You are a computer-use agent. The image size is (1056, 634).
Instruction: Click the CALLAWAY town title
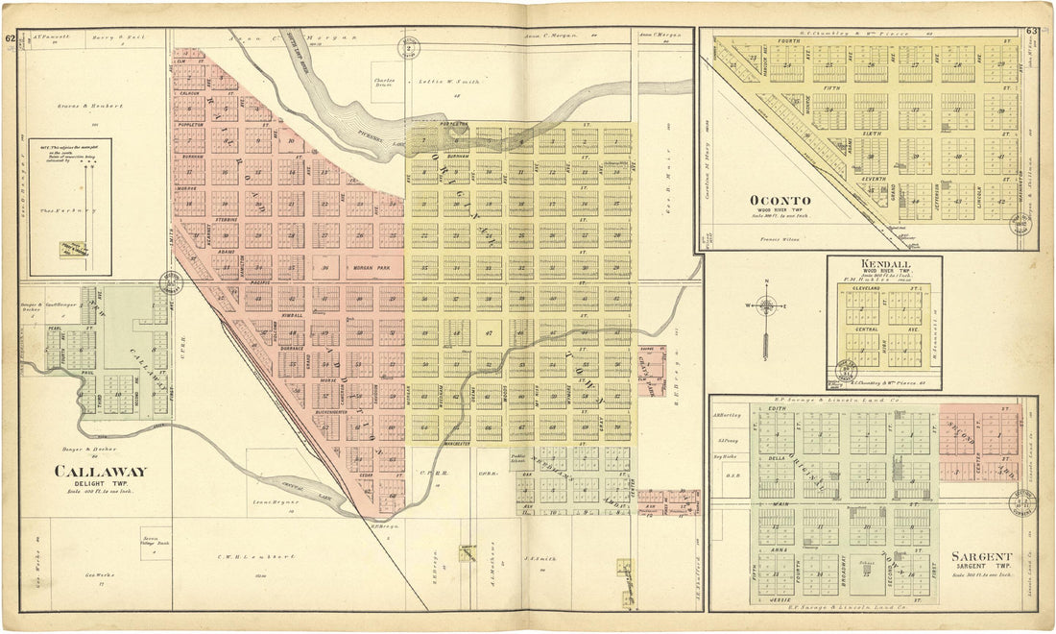(x=100, y=472)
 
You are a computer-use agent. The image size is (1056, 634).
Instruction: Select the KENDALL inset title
(x=886, y=263)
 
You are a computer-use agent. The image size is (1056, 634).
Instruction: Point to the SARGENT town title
(x=980, y=556)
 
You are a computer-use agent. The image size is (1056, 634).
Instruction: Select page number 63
(x=1031, y=32)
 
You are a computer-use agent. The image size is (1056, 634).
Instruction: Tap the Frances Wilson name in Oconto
(x=779, y=237)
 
